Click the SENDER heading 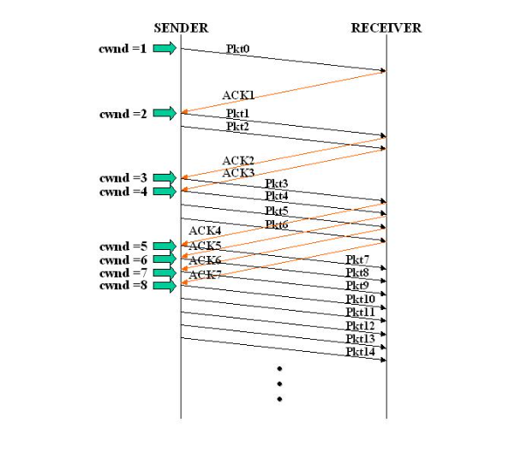[x=181, y=28]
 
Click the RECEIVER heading [x=386, y=28]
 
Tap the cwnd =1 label [x=124, y=49]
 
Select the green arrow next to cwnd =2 [x=165, y=113]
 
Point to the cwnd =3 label [x=124, y=178]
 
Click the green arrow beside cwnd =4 [x=165, y=192]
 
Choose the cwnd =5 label [x=124, y=247]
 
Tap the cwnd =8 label [x=124, y=286]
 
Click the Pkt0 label [x=239, y=49]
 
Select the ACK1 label [x=238, y=96]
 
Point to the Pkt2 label [x=238, y=127]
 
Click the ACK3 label [x=238, y=173]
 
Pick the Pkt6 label [x=276, y=224]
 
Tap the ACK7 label [x=205, y=275]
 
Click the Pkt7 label [x=357, y=259]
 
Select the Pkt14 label [x=360, y=352]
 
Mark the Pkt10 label [x=360, y=299]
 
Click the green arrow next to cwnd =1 [x=165, y=49]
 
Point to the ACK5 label [x=205, y=247]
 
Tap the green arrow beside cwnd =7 [x=165, y=273]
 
